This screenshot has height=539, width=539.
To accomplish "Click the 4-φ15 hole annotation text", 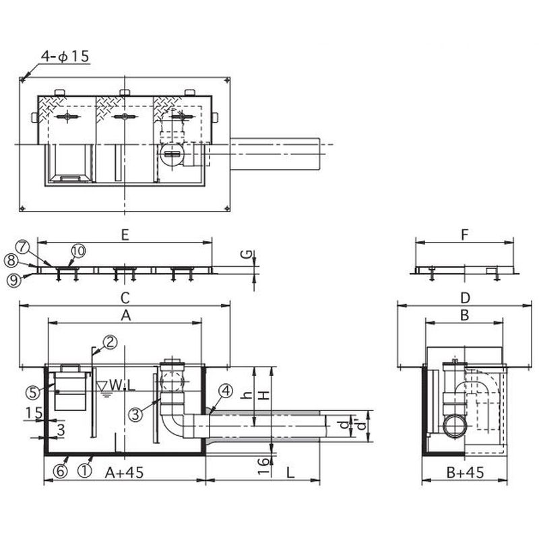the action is point(65,57).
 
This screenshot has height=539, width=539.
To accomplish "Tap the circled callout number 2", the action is point(110,342).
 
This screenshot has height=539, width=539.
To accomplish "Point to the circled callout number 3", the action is point(135,414).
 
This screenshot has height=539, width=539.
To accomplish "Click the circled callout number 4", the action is point(226,391).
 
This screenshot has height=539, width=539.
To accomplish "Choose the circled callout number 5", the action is point(32,393).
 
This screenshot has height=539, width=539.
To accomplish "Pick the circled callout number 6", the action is point(60,471).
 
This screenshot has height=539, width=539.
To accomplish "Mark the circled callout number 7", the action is point(22,247).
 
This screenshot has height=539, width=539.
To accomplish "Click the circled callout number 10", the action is point(78,251).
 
